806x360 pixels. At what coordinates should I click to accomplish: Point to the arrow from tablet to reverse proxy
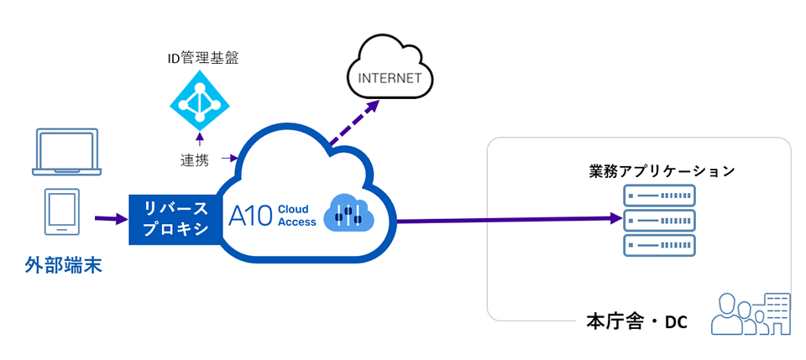(x=110, y=220)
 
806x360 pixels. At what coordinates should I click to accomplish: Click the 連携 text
(x=195, y=159)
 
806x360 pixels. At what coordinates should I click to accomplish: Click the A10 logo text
(x=250, y=216)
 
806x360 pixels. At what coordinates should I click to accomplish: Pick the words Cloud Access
(x=296, y=216)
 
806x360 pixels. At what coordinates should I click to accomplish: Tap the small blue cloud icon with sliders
(x=347, y=212)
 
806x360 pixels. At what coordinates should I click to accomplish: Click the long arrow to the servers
(x=512, y=220)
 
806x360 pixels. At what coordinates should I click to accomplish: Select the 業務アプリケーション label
(x=662, y=171)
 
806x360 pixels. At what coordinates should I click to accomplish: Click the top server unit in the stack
(x=660, y=197)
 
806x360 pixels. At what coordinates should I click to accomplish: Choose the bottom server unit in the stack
(x=660, y=245)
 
